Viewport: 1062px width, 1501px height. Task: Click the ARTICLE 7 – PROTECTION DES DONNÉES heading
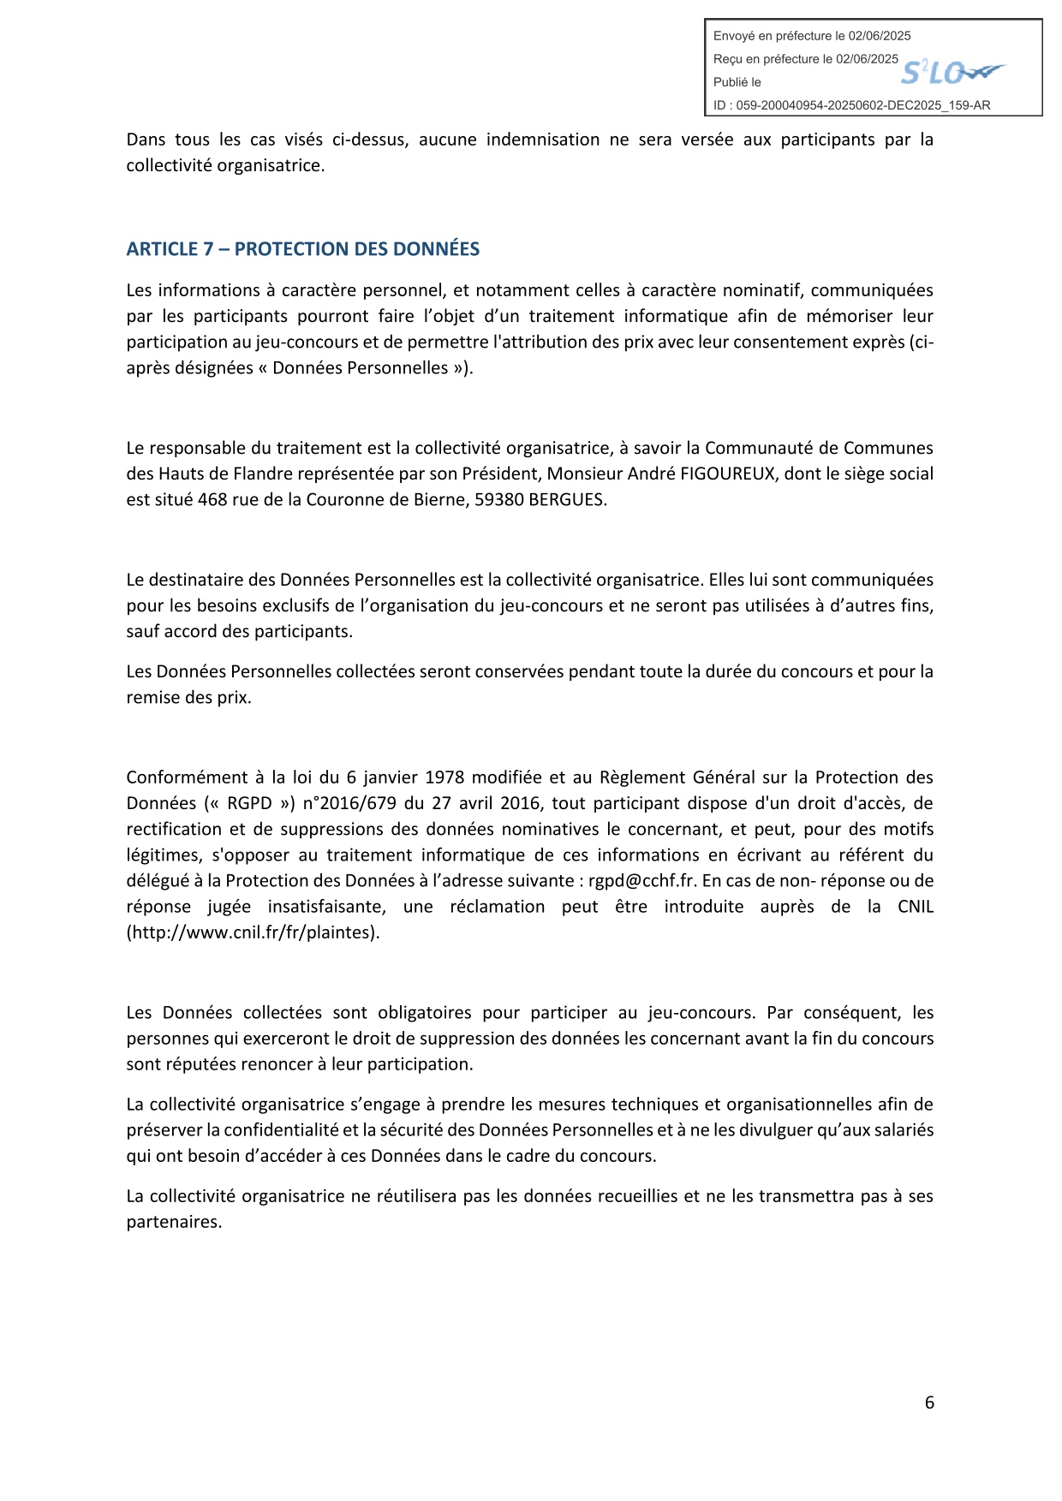point(302,249)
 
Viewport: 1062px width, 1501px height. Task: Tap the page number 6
point(929,1403)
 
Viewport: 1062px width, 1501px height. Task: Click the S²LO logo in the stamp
point(952,74)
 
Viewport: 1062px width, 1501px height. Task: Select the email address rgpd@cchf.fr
point(641,881)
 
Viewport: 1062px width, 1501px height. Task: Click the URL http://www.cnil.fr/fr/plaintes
point(253,932)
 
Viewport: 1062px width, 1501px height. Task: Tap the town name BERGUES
point(567,500)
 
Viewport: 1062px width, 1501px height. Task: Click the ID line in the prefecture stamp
point(851,105)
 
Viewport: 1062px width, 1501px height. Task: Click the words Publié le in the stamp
point(737,82)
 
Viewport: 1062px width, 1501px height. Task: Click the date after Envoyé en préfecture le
point(880,36)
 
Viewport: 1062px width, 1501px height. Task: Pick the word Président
point(499,474)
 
